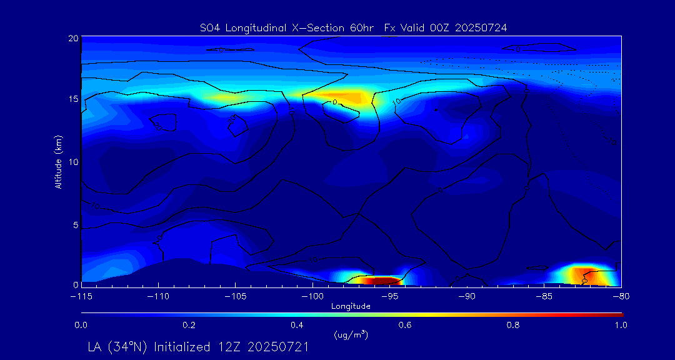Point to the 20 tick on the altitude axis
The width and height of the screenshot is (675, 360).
pyautogui.click(x=73, y=38)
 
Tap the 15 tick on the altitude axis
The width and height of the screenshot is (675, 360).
pyautogui.click(x=73, y=99)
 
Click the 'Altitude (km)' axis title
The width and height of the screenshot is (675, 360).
pyautogui.click(x=58, y=161)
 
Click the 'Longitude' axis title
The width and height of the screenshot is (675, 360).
pyautogui.click(x=351, y=306)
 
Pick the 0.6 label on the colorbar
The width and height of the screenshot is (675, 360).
pyautogui.click(x=405, y=325)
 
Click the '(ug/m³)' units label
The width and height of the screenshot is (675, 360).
pyautogui.click(x=351, y=335)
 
